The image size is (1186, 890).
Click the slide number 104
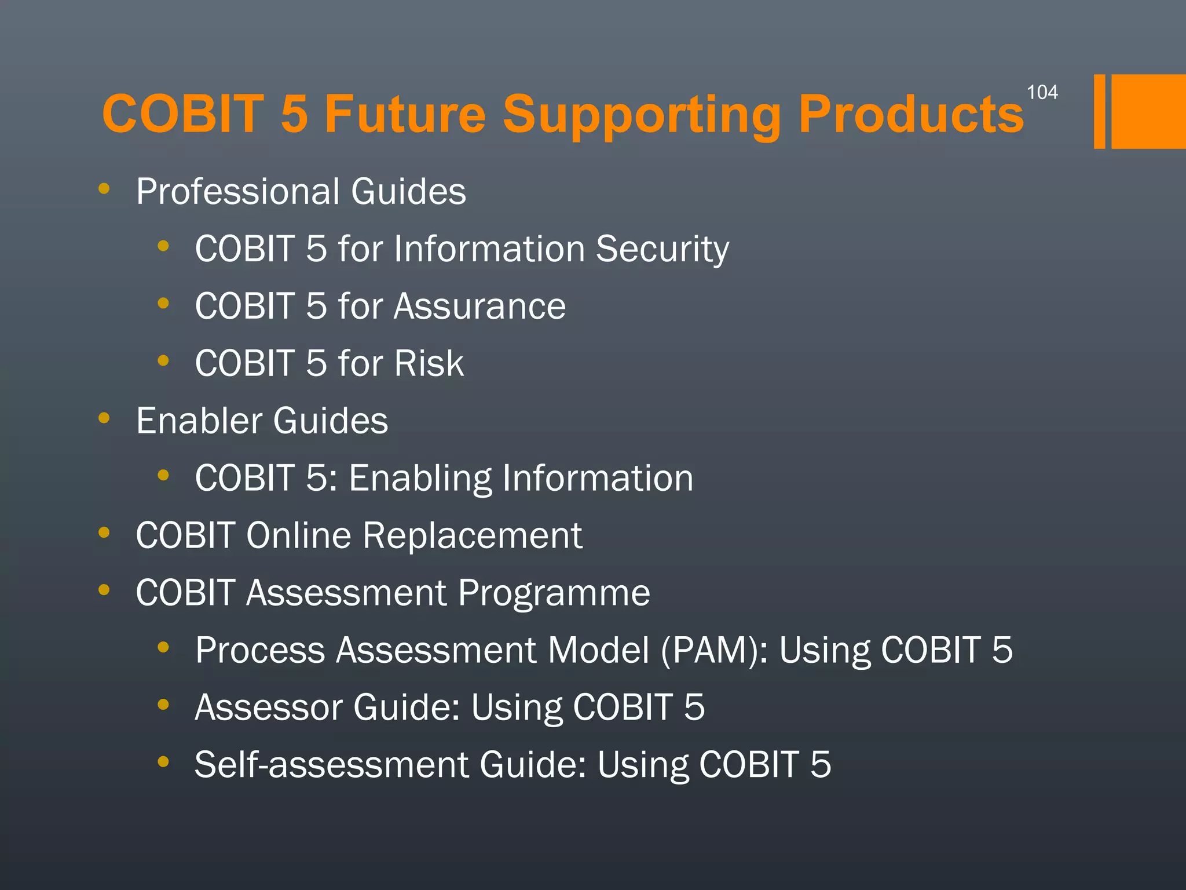(x=1042, y=92)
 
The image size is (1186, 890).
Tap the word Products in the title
(x=911, y=114)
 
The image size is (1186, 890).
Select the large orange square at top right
(x=1148, y=111)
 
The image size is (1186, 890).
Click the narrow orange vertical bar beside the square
(x=1099, y=111)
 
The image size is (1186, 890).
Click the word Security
(x=662, y=249)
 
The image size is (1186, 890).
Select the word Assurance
(x=479, y=306)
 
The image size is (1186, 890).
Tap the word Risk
(x=429, y=363)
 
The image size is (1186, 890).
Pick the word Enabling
(x=419, y=479)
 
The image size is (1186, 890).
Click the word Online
(x=298, y=535)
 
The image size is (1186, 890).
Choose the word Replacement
(x=472, y=535)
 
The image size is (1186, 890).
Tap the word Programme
(x=554, y=593)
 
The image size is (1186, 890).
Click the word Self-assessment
(x=331, y=764)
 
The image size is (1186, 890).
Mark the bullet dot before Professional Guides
(x=104, y=188)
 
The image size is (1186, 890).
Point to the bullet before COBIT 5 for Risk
(x=163, y=360)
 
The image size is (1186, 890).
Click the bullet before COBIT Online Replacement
(x=104, y=532)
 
